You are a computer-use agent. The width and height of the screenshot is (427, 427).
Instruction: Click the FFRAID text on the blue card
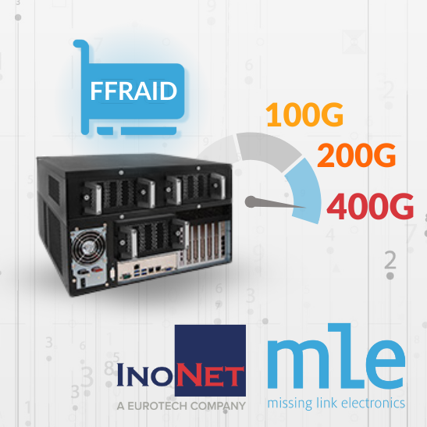[x=133, y=91]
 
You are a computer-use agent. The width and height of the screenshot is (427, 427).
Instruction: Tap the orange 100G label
[x=304, y=115]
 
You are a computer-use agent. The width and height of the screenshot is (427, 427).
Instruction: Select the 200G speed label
[x=356, y=155]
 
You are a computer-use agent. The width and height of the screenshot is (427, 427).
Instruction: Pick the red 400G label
[x=370, y=206]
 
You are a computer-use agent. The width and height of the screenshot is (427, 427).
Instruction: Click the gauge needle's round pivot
[x=251, y=201]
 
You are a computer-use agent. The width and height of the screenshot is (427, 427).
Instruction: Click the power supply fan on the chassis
[x=87, y=247]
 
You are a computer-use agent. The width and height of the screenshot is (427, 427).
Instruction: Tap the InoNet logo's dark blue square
[x=210, y=360]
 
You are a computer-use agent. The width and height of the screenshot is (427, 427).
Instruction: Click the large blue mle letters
[x=336, y=356]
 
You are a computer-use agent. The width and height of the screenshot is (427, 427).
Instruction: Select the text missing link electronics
[x=336, y=404]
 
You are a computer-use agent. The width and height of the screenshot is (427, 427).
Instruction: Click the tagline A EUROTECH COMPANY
[x=181, y=406]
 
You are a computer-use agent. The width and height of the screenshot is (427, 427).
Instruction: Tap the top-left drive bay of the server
[x=119, y=194]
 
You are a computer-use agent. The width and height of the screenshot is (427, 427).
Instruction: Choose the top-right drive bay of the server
[x=195, y=190]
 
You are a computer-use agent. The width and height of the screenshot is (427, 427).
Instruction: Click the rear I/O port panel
[x=147, y=268]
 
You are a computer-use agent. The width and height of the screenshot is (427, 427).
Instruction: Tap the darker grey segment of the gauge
[x=268, y=151]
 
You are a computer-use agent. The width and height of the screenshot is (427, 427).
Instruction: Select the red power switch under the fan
[x=96, y=270]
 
